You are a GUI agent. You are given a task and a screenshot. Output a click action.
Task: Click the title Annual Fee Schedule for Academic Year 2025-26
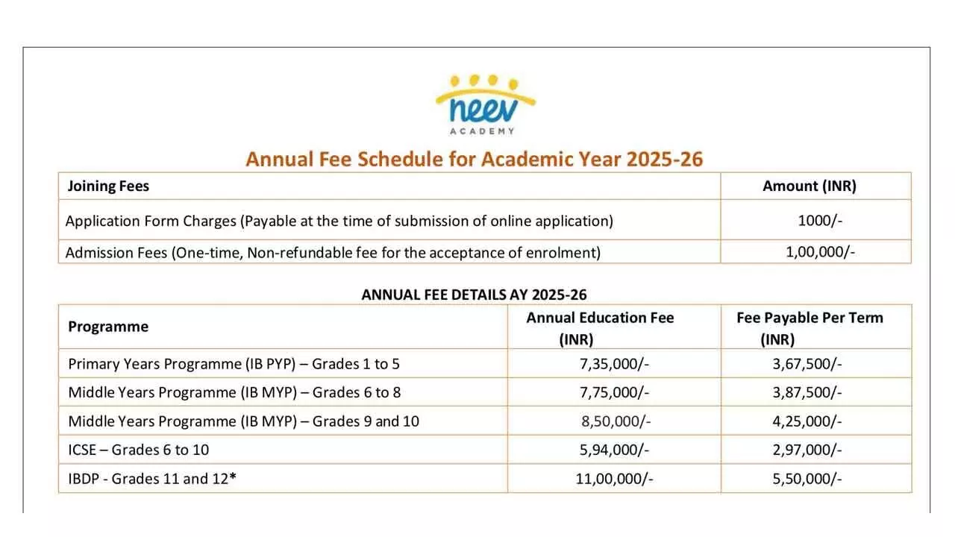[x=475, y=159]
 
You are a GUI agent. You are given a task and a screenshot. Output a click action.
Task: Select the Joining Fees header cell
[x=108, y=186]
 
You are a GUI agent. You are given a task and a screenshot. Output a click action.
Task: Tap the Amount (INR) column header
[x=810, y=186]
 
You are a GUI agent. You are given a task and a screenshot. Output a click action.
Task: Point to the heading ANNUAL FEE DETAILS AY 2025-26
[x=474, y=295]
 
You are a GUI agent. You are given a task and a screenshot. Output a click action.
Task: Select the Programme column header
[x=108, y=327]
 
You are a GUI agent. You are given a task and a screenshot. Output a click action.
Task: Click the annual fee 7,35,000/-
[x=611, y=364]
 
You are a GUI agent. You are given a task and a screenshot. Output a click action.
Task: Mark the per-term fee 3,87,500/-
[x=807, y=392]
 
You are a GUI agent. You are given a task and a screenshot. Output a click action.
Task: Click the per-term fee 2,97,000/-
[x=807, y=450]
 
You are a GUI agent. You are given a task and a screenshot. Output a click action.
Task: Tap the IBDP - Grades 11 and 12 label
[x=152, y=479]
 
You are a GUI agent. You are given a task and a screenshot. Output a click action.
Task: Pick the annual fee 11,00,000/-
[x=614, y=479]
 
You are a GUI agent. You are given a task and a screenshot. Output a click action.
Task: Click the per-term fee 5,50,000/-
[x=807, y=479]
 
